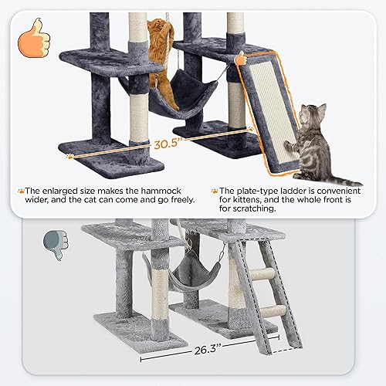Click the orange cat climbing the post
[x=161, y=50]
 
